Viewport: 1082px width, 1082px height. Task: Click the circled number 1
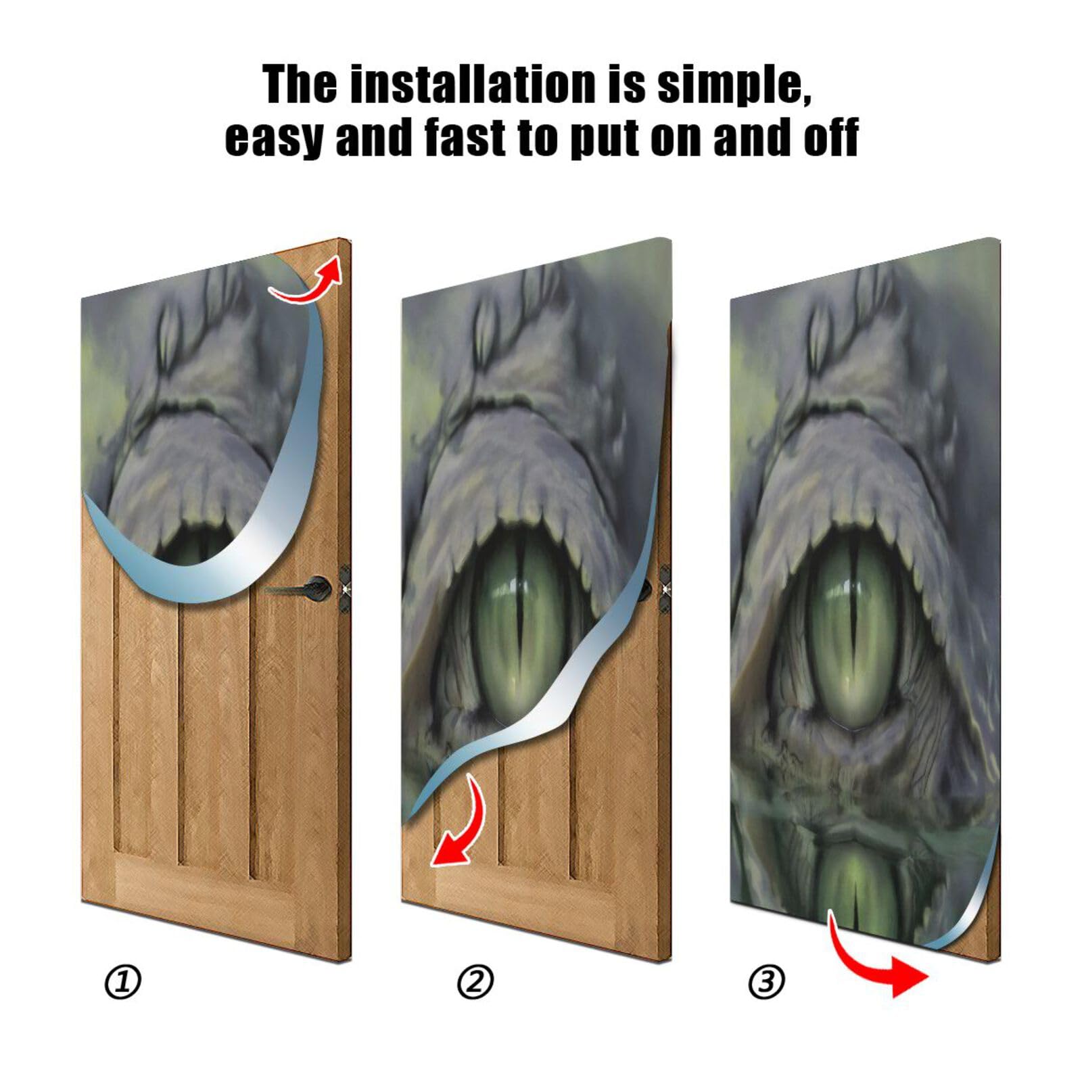(123, 982)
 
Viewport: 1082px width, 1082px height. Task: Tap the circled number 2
(475, 982)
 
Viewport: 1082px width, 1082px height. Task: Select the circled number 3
(766, 982)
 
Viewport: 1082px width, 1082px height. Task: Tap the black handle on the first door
(304, 587)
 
